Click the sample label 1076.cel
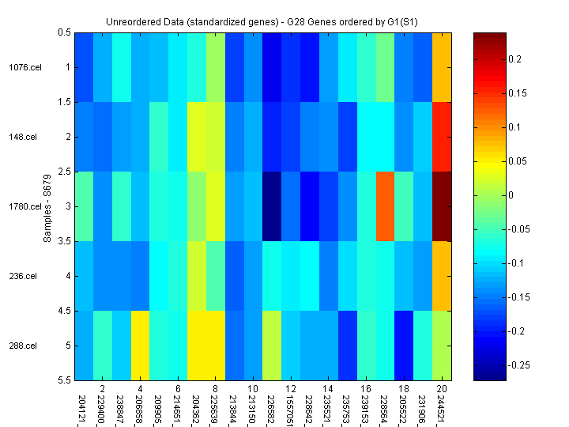coord(24,67)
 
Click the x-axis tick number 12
coord(291,390)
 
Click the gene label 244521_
coord(442,406)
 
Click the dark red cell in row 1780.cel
coord(443,206)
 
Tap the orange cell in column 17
coord(385,206)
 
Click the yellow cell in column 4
coord(140,346)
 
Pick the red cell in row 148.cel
coord(443,137)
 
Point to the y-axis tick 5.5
coord(63,380)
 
